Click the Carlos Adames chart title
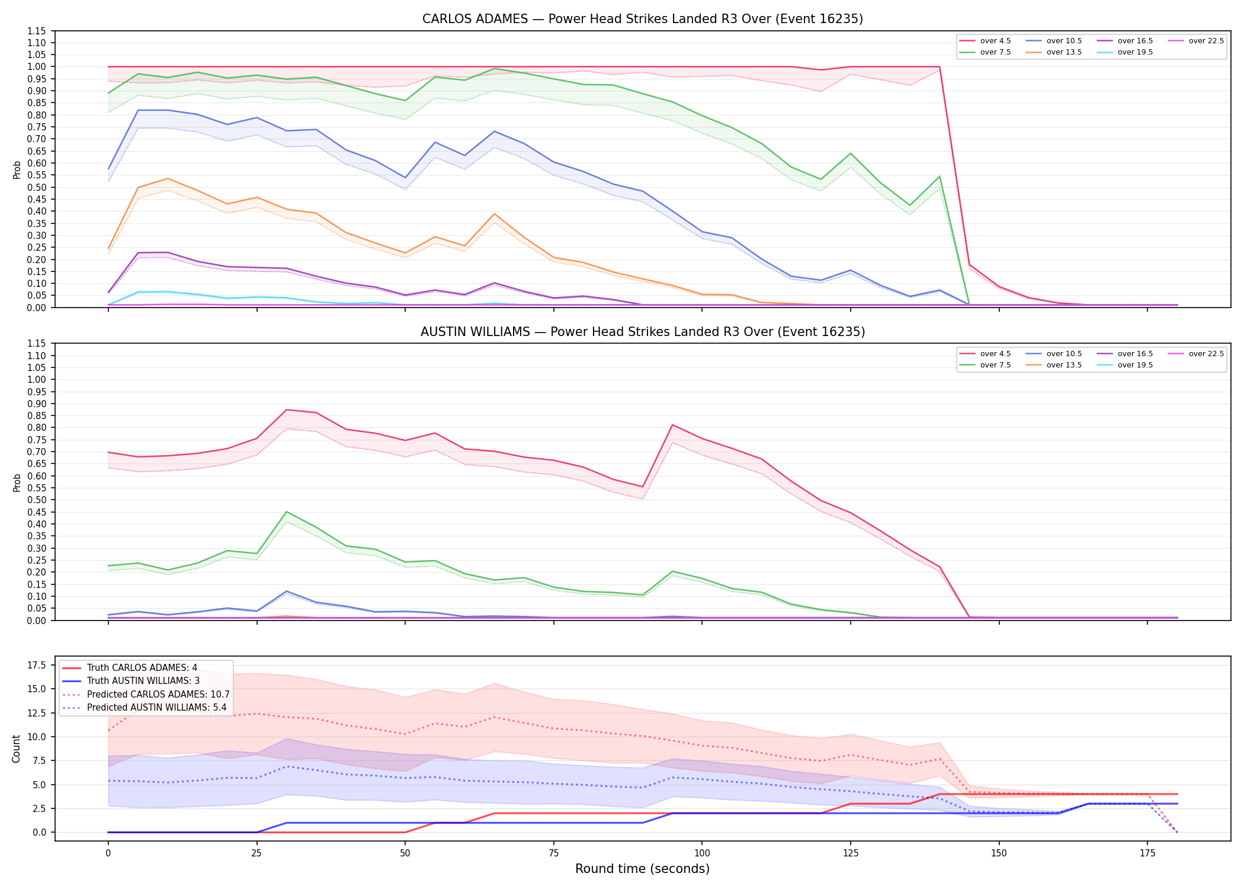click(x=642, y=19)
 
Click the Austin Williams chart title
click(x=643, y=332)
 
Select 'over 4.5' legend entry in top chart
click(x=985, y=41)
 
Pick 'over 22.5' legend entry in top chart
click(x=1196, y=41)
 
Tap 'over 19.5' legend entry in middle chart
click(x=1125, y=365)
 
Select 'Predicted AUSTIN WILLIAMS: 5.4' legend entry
click(x=145, y=707)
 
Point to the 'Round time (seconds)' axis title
click(x=642, y=869)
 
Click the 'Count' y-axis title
click(x=16, y=749)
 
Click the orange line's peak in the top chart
click(x=168, y=178)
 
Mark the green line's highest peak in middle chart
click(x=287, y=512)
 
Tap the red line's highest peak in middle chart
click(x=287, y=410)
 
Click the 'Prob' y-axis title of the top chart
click(x=17, y=170)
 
